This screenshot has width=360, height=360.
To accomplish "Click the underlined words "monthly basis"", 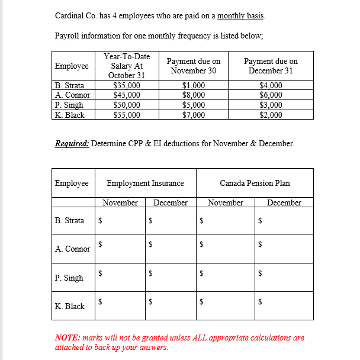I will (x=240, y=15).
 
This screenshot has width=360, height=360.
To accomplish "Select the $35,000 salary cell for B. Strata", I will (x=126, y=85).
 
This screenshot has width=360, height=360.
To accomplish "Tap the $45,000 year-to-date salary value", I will (x=126, y=95).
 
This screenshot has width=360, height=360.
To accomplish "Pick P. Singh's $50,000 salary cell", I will (x=126, y=105).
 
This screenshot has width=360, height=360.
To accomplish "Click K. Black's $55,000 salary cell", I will (x=126, y=115).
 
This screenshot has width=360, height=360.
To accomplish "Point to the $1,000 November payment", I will (x=194, y=85).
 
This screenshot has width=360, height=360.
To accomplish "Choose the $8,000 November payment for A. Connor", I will (x=194, y=95).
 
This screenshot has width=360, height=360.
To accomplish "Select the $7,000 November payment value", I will (x=194, y=115).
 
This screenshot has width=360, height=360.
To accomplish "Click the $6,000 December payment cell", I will (x=271, y=95).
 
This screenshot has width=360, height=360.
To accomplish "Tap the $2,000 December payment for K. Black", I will (x=271, y=115).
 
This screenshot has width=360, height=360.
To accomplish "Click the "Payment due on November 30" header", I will (x=194, y=66).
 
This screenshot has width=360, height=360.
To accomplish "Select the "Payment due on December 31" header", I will (x=271, y=66).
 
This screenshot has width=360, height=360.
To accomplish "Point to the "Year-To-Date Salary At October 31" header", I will (x=126, y=66).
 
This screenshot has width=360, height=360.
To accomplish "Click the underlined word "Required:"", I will (x=72, y=143).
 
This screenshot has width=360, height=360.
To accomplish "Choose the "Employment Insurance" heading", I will (x=145, y=183).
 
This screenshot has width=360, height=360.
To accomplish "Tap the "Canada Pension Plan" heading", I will (x=255, y=183).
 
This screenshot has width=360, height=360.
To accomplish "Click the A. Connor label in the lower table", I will (x=72, y=249).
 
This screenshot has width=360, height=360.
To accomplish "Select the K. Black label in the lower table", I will (x=69, y=306).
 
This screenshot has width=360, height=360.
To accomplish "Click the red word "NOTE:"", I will (x=67, y=337).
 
